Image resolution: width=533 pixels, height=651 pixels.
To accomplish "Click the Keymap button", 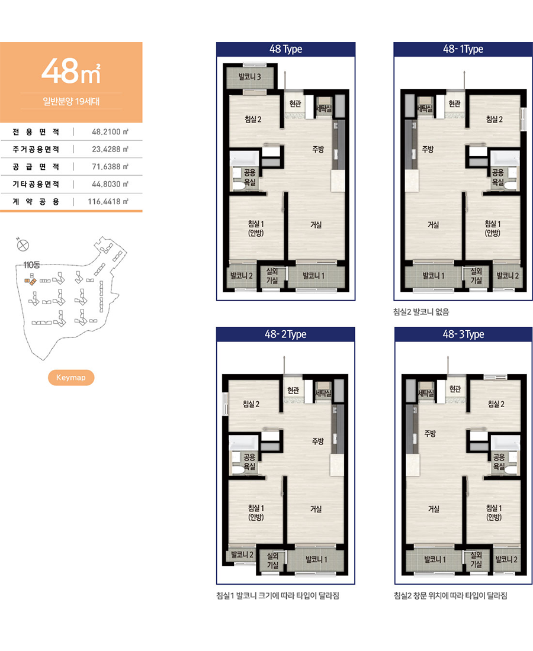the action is [71, 378].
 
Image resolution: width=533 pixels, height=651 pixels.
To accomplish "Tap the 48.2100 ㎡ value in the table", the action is [110, 131].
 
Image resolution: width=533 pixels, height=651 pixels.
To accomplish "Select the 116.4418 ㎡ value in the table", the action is [108, 201].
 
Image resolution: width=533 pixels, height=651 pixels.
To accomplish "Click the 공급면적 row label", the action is [36, 166].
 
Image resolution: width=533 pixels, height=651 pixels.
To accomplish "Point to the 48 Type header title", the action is [286, 49].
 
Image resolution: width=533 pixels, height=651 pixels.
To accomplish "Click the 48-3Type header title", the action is [464, 334].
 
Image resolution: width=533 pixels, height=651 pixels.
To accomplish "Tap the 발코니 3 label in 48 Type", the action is [250, 76].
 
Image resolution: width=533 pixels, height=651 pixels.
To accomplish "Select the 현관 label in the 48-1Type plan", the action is [454, 104].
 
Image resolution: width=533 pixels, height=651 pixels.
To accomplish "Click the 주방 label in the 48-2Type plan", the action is [318, 441].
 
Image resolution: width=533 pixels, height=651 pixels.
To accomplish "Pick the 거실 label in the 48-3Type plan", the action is [434, 508].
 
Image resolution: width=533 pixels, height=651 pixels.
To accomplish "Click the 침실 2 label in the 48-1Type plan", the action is [495, 119].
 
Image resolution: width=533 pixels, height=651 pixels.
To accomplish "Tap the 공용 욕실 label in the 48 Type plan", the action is [250, 177].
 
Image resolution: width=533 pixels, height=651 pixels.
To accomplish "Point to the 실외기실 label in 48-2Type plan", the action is [272, 560].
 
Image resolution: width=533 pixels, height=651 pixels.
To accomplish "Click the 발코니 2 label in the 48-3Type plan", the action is [506, 559].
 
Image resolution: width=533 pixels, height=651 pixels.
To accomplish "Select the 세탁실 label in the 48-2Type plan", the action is [323, 393].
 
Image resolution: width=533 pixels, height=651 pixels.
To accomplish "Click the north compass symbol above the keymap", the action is [23, 245].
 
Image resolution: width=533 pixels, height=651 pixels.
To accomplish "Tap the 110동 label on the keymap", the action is [31, 265].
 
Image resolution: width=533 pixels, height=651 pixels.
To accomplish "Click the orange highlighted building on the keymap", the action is [30, 281].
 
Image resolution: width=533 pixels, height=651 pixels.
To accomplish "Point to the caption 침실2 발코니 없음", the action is [421, 312].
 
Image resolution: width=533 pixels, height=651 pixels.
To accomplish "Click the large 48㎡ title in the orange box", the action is [71, 70].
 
